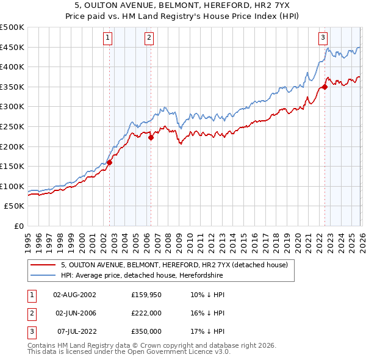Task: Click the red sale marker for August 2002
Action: coord(110,162)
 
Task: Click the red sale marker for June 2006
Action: coord(151,138)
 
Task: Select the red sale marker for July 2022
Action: coord(325,87)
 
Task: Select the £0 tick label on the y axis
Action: coord(18,226)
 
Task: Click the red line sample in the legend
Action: coord(43,265)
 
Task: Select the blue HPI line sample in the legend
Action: coord(43,275)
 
